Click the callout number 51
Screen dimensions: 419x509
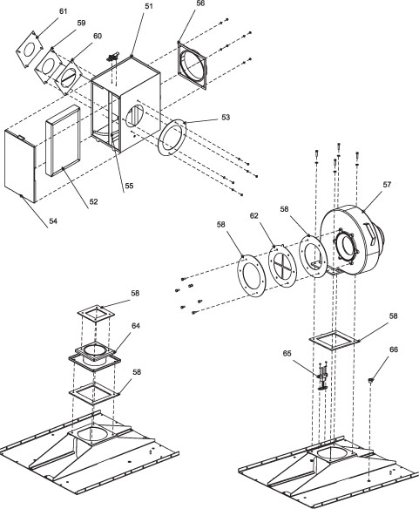(148, 6)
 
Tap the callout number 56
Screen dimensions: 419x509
(200, 3)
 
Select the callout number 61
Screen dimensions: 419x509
(63, 11)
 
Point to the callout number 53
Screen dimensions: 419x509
(226, 117)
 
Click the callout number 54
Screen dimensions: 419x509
(53, 221)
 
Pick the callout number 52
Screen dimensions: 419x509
(93, 201)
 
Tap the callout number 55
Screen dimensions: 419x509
(129, 186)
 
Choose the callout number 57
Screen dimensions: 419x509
(387, 185)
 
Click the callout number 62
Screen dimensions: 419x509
(254, 215)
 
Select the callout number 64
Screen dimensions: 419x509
(136, 325)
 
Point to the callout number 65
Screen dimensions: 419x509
(287, 353)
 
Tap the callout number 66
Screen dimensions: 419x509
(394, 350)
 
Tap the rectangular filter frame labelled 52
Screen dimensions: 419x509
(63, 140)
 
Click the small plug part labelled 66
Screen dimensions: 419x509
(370, 380)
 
